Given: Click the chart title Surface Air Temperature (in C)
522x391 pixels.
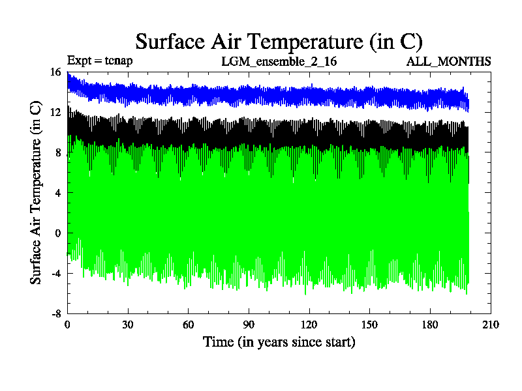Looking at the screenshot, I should click(279, 41).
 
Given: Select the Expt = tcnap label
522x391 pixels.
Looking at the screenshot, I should click(100, 61).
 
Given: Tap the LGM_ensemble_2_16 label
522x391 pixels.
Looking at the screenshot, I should click(279, 61).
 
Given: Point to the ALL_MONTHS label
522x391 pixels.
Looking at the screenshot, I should click(448, 61).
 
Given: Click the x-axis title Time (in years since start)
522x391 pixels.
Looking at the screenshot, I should click(279, 341).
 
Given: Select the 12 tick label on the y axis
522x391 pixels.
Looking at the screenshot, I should click(55, 112).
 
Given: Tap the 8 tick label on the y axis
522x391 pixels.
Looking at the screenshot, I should click(57, 152).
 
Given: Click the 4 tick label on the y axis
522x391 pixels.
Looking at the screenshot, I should click(57, 193).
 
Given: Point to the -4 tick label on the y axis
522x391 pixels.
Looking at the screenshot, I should click(55, 273).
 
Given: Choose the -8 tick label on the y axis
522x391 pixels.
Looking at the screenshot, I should click(55, 313).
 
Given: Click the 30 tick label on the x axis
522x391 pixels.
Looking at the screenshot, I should click(127, 325).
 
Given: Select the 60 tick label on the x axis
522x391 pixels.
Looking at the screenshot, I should click(188, 325).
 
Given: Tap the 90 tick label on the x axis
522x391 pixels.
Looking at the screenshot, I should click(249, 325).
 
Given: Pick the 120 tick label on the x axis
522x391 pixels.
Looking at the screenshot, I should click(309, 325).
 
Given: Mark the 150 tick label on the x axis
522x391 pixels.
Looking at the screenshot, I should click(369, 325).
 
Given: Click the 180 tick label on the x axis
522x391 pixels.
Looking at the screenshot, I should click(430, 325).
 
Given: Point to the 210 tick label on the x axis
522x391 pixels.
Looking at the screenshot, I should click(491, 325).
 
